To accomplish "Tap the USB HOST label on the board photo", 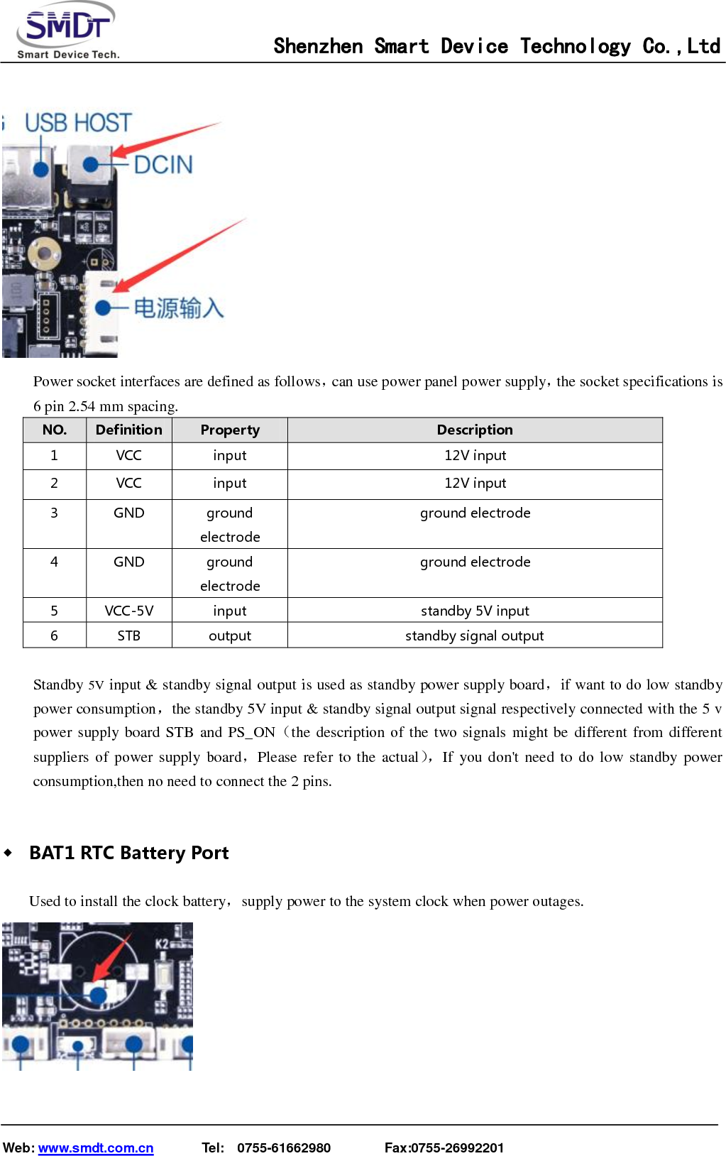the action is [78, 123].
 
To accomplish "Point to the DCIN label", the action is [163, 165].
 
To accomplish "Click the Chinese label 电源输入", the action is [179, 308].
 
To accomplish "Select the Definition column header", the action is [128, 430].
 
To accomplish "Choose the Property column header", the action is [230, 430].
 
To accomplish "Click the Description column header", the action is [475, 430].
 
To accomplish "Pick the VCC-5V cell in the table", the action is [128, 611].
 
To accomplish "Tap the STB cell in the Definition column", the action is [128, 636].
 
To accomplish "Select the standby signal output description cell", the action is [475, 636].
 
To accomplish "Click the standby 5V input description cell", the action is [475, 611].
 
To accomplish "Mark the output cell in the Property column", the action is [230, 636].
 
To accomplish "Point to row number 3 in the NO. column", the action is [54, 513].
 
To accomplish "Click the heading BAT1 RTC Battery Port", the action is [128, 853].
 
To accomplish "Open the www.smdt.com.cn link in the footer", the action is [96, 1148].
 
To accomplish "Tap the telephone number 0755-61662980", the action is [284, 1148].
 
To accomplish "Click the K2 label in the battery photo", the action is [163, 944].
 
